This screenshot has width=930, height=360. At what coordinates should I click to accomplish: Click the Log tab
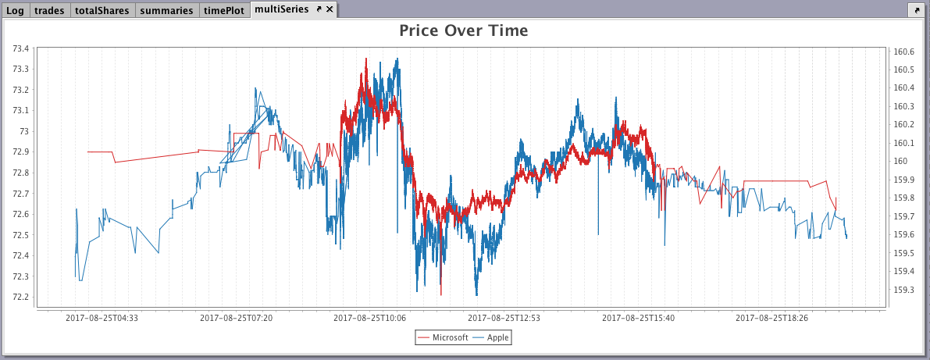point(15,10)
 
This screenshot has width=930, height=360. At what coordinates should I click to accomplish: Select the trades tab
point(49,10)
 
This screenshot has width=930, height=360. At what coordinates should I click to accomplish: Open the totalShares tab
point(102,10)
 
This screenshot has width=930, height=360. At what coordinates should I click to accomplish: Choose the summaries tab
point(166,10)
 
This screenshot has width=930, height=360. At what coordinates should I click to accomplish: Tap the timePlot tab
point(224,10)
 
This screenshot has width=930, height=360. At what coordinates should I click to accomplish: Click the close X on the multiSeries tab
point(330,9)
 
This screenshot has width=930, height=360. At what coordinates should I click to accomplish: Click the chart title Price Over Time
point(464,31)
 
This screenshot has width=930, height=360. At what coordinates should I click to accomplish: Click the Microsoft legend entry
point(444,337)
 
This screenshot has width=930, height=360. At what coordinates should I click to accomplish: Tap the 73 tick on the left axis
point(25,131)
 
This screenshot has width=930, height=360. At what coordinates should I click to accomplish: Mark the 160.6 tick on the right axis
point(904,52)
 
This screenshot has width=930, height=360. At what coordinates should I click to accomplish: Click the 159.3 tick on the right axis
point(904,290)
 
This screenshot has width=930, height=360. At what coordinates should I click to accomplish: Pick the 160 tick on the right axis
point(900,162)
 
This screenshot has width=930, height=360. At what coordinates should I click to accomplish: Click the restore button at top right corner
point(915,10)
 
